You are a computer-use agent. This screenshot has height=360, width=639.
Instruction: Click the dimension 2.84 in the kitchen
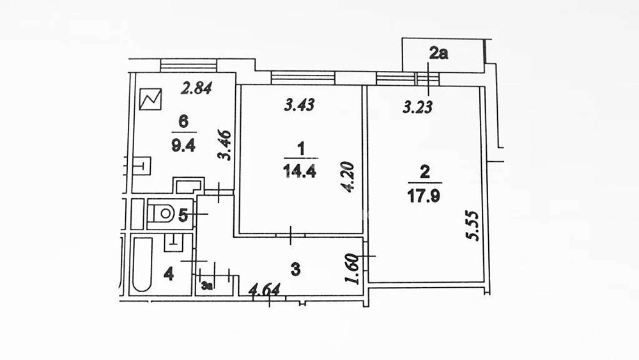pyautogui.click(x=197, y=88)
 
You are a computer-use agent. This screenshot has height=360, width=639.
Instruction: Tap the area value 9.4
pyautogui.click(x=183, y=145)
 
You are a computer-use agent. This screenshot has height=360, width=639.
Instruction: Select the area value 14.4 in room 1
pyautogui.click(x=300, y=171)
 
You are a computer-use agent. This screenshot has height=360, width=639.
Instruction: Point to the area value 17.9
pyautogui.click(x=424, y=196)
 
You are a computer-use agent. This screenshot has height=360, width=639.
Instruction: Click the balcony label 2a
pyautogui.click(x=438, y=53)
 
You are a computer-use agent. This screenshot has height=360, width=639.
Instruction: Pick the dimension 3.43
pyautogui.click(x=300, y=105)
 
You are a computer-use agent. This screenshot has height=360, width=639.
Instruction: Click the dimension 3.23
pyautogui.click(x=418, y=107)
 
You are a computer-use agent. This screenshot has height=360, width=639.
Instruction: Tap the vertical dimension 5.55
pyautogui.click(x=473, y=226)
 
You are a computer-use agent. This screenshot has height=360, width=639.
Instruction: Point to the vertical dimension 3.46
pyautogui.click(x=224, y=145)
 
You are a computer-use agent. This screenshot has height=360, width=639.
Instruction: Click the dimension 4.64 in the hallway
pyautogui.click(x=265, y=290)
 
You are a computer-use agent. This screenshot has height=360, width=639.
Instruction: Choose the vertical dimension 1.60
pyautogui.click(x=351, y=269)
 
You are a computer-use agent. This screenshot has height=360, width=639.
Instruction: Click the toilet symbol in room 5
pyautogui.click(x=162, y=213)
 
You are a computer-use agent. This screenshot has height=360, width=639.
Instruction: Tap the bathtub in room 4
pyautogui.click(x=142, y=264)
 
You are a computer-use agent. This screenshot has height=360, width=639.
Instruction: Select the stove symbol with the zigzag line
pyautogui.click(x=150, y=99)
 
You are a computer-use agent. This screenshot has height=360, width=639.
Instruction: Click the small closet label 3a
pyautogui.click(x=207, y=286)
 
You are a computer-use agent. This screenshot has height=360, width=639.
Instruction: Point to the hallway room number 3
pyautogui.click(x=295, y=269)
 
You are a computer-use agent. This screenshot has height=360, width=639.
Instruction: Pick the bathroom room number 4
pyautogui.click(x=168, y=274)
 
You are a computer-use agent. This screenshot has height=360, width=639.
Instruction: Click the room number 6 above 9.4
pyautogui.click(x=183, y=121)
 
